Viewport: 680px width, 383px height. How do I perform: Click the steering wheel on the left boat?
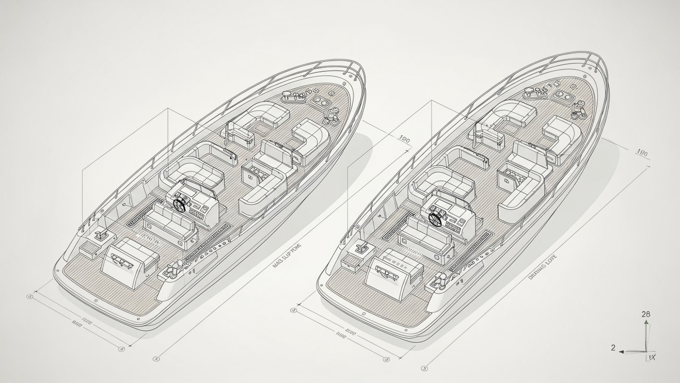point(180,204)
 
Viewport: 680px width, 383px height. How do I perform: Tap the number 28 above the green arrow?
point(646,314)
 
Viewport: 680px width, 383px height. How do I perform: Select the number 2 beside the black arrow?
point(613,348)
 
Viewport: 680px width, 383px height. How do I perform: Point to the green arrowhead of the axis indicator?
point(646,323)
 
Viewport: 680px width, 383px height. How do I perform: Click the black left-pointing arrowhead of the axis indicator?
point(622,352)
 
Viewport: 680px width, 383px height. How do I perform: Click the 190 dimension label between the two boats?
point(404,141)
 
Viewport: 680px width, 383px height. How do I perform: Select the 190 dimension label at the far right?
point(642,153)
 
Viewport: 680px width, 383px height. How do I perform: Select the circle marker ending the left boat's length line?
point(155,358)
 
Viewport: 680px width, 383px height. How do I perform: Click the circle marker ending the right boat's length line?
point(424,369)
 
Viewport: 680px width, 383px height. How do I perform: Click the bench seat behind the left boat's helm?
point(168,223)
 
